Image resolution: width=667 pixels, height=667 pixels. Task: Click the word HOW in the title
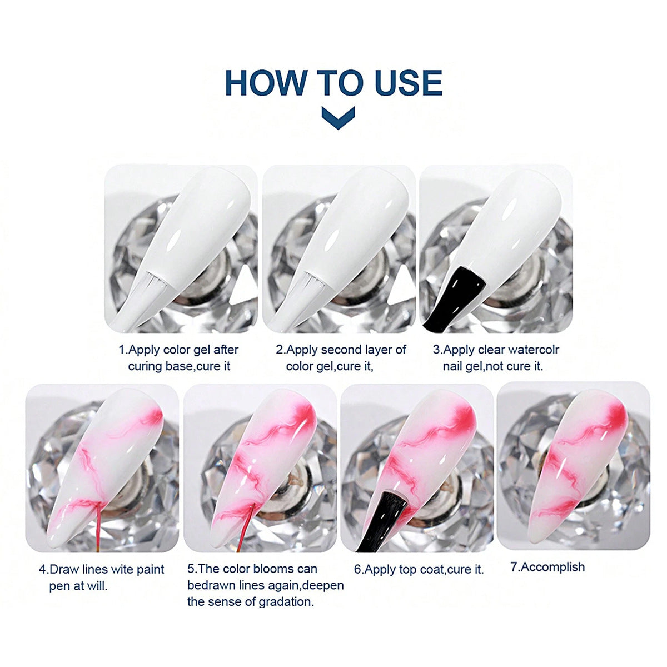tap(266, 83)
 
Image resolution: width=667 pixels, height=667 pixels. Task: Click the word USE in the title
tap(408, 83)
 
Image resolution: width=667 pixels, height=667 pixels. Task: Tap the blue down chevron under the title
tap(338, 118)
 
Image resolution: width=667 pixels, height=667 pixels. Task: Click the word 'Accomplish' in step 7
tap(552, 566)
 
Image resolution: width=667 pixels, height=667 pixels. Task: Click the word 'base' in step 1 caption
tap(178, 366)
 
